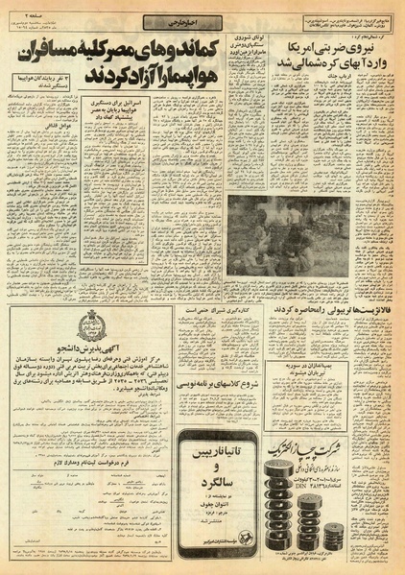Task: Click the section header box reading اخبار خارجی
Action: pos(163,21)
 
